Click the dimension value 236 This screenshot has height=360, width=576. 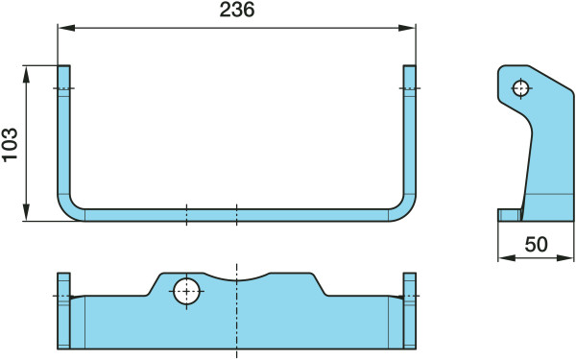237,10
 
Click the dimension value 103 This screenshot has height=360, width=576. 10,144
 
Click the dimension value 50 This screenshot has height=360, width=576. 536,244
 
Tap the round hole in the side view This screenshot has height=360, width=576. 521,88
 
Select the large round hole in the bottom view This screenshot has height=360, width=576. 186,291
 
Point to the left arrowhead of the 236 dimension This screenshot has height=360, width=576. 66,28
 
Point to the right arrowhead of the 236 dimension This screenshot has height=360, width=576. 407,28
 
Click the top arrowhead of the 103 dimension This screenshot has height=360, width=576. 26,75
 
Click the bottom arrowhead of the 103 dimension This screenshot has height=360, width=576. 26,212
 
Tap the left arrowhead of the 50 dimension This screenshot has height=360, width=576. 507,258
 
